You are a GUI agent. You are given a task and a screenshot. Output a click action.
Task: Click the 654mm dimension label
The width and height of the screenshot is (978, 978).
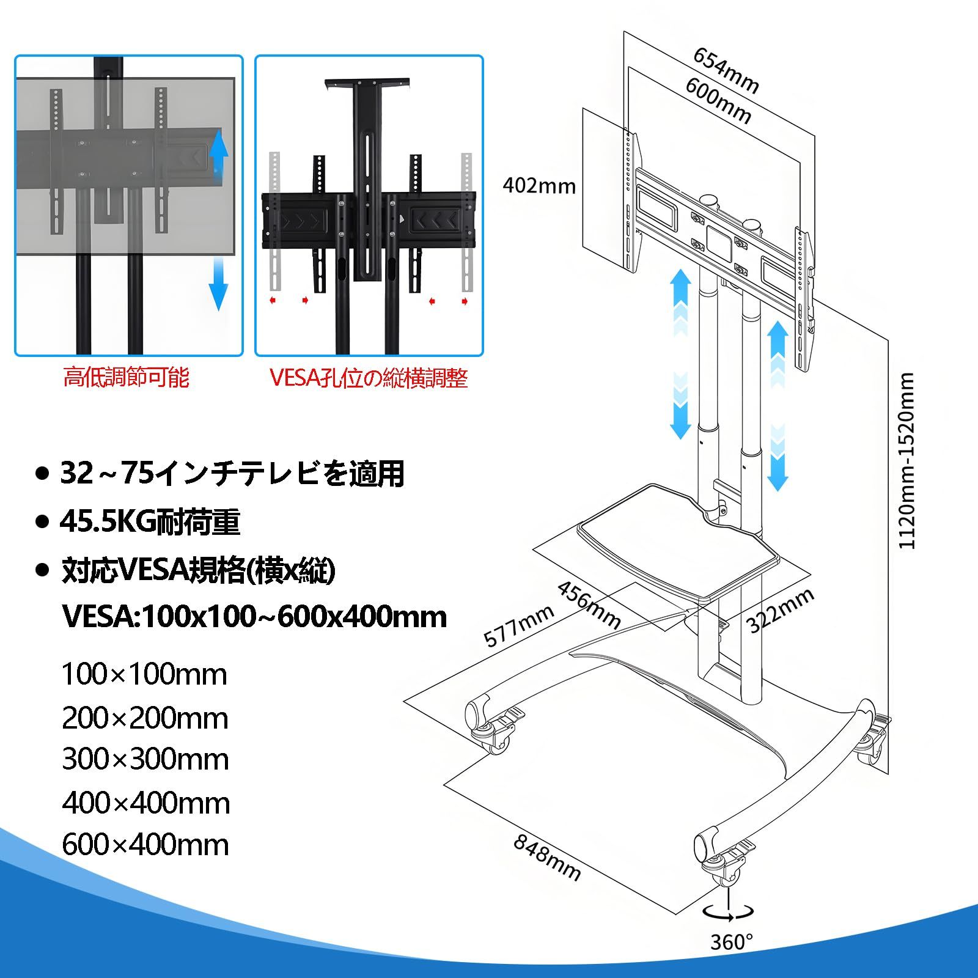[x=726, y=71]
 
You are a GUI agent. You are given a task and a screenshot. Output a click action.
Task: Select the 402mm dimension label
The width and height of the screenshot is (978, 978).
[x=539, y=185]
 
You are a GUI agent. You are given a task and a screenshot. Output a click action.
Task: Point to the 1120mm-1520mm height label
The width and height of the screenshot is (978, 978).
[x=906, y=461]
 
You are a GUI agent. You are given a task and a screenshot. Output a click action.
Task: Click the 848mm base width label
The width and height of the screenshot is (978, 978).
[x=546, y=858]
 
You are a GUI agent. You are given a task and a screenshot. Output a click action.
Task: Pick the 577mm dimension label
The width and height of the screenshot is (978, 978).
[x=519, y=626]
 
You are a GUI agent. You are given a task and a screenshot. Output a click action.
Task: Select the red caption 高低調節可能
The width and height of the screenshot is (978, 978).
[x=127, y=377]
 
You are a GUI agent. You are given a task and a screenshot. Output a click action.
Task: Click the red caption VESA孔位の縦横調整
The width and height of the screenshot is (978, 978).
[x=369, y=378]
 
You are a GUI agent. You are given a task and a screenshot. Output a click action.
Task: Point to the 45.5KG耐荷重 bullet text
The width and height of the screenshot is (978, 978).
[x=150, y=523]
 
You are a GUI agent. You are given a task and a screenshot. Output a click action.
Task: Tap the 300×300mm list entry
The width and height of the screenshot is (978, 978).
[x=145, y=760]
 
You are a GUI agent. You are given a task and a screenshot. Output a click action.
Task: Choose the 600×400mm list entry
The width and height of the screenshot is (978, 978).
[x=145, y=845]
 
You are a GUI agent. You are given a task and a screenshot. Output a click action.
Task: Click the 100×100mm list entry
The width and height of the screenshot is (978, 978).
[x=144, y=675]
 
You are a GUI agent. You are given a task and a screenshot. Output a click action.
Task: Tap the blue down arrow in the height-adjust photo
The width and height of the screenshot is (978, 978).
[x=218, y=284]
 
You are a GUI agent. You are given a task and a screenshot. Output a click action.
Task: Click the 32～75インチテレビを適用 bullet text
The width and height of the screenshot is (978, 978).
[x=232, y=474]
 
